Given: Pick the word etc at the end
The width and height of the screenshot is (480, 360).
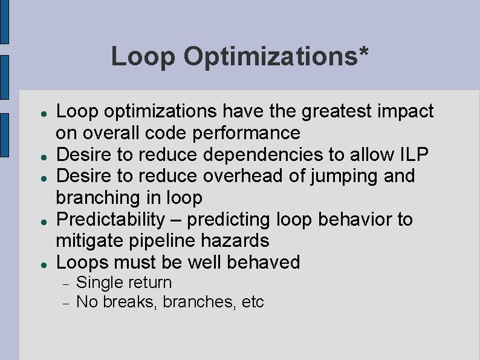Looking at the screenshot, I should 253,302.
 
